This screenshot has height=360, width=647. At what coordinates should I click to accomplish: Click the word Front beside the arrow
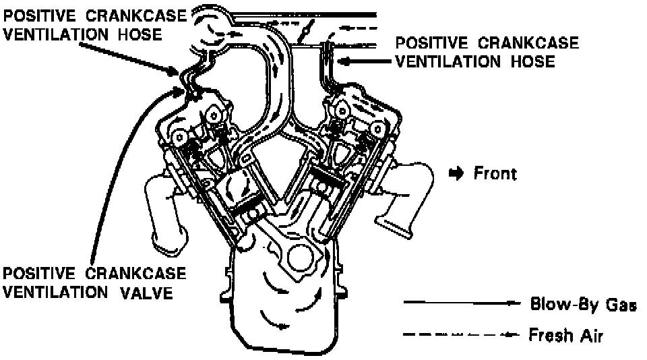(x=495, y=173)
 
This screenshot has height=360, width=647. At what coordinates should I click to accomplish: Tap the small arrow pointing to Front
(x=457, y=173)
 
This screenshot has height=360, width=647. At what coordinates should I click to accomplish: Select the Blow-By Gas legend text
(x=583, y=305)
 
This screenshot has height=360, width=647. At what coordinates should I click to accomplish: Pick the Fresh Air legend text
(x=566, y=335)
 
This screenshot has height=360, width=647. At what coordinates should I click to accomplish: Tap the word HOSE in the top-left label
(x=140, y=34)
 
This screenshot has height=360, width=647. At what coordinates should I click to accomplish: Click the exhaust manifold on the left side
(x=162, y=209)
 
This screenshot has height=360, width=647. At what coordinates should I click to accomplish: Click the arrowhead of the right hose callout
(x=341, y=61)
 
